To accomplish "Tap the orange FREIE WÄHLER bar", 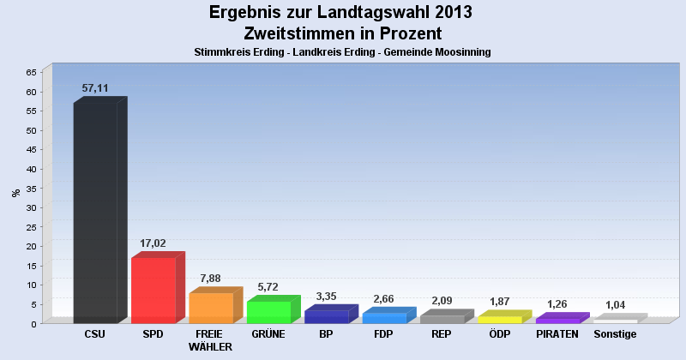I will click(210, 308).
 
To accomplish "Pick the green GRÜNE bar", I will click(268, 312).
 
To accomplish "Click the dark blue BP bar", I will click(326, 316).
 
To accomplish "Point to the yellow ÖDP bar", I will click(499, 319).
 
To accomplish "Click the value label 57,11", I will click(95, 88).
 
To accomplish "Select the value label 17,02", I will click(153, 243).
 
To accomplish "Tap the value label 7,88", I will click(210, 278).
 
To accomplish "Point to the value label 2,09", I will click(442, 300).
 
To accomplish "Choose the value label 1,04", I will click(615, 304).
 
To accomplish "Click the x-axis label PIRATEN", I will click(557, 334).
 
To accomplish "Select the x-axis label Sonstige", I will click(615, 334).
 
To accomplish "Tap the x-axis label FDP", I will click(383, 334).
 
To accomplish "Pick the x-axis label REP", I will click(442, 334).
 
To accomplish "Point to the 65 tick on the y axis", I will click(31, 73).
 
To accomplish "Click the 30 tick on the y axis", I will click(31, 207).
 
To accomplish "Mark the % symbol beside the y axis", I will click(15, 193).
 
